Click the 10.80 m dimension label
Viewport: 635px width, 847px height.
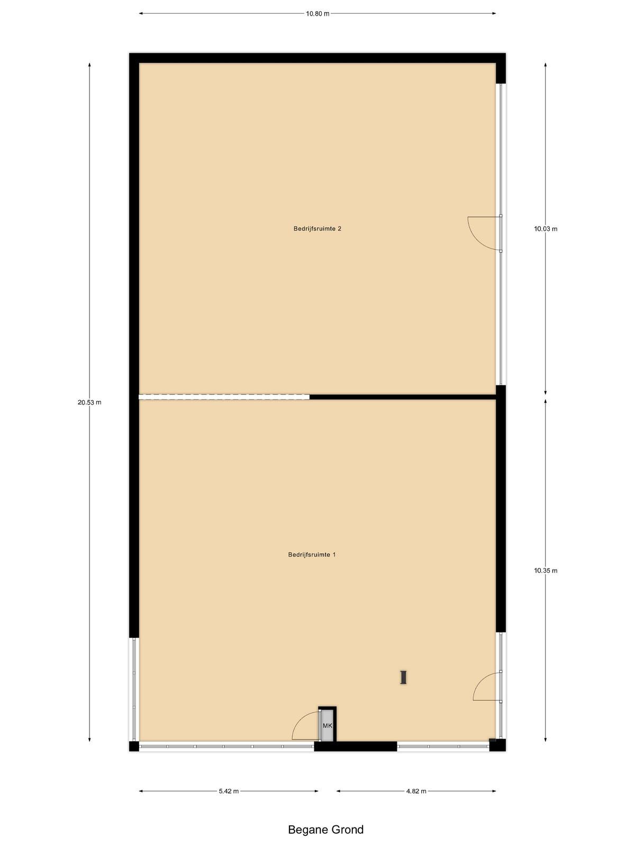[317, 14]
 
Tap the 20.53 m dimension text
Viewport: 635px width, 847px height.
[89, 402]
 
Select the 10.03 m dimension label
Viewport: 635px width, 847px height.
[546, 229]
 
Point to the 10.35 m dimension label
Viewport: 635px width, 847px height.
[546, 570]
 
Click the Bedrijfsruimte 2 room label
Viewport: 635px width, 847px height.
[317, 229]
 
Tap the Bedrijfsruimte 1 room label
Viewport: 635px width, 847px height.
[312, 554]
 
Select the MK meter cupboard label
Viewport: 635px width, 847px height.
[328, 726]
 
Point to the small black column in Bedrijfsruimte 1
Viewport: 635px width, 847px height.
[403, 677]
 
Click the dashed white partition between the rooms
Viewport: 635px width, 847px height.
[224, 397]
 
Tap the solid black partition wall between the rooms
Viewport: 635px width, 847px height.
[403, 397]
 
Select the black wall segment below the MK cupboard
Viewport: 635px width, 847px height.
[356, 746]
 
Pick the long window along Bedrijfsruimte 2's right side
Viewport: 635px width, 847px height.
[501, 234]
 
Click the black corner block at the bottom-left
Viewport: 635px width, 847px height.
[134, 746]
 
